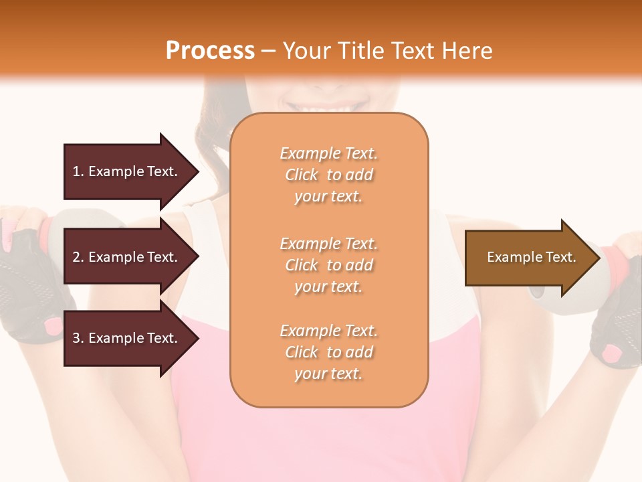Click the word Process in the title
pos(210,51)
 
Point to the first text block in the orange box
pos(328,175)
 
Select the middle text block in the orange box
pos(328,265)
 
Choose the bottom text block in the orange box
pos(328,352)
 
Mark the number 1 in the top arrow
pos(76,172)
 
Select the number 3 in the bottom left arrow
pos(76,338)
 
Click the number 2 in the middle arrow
pos(76,258)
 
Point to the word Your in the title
pos(307,51)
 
